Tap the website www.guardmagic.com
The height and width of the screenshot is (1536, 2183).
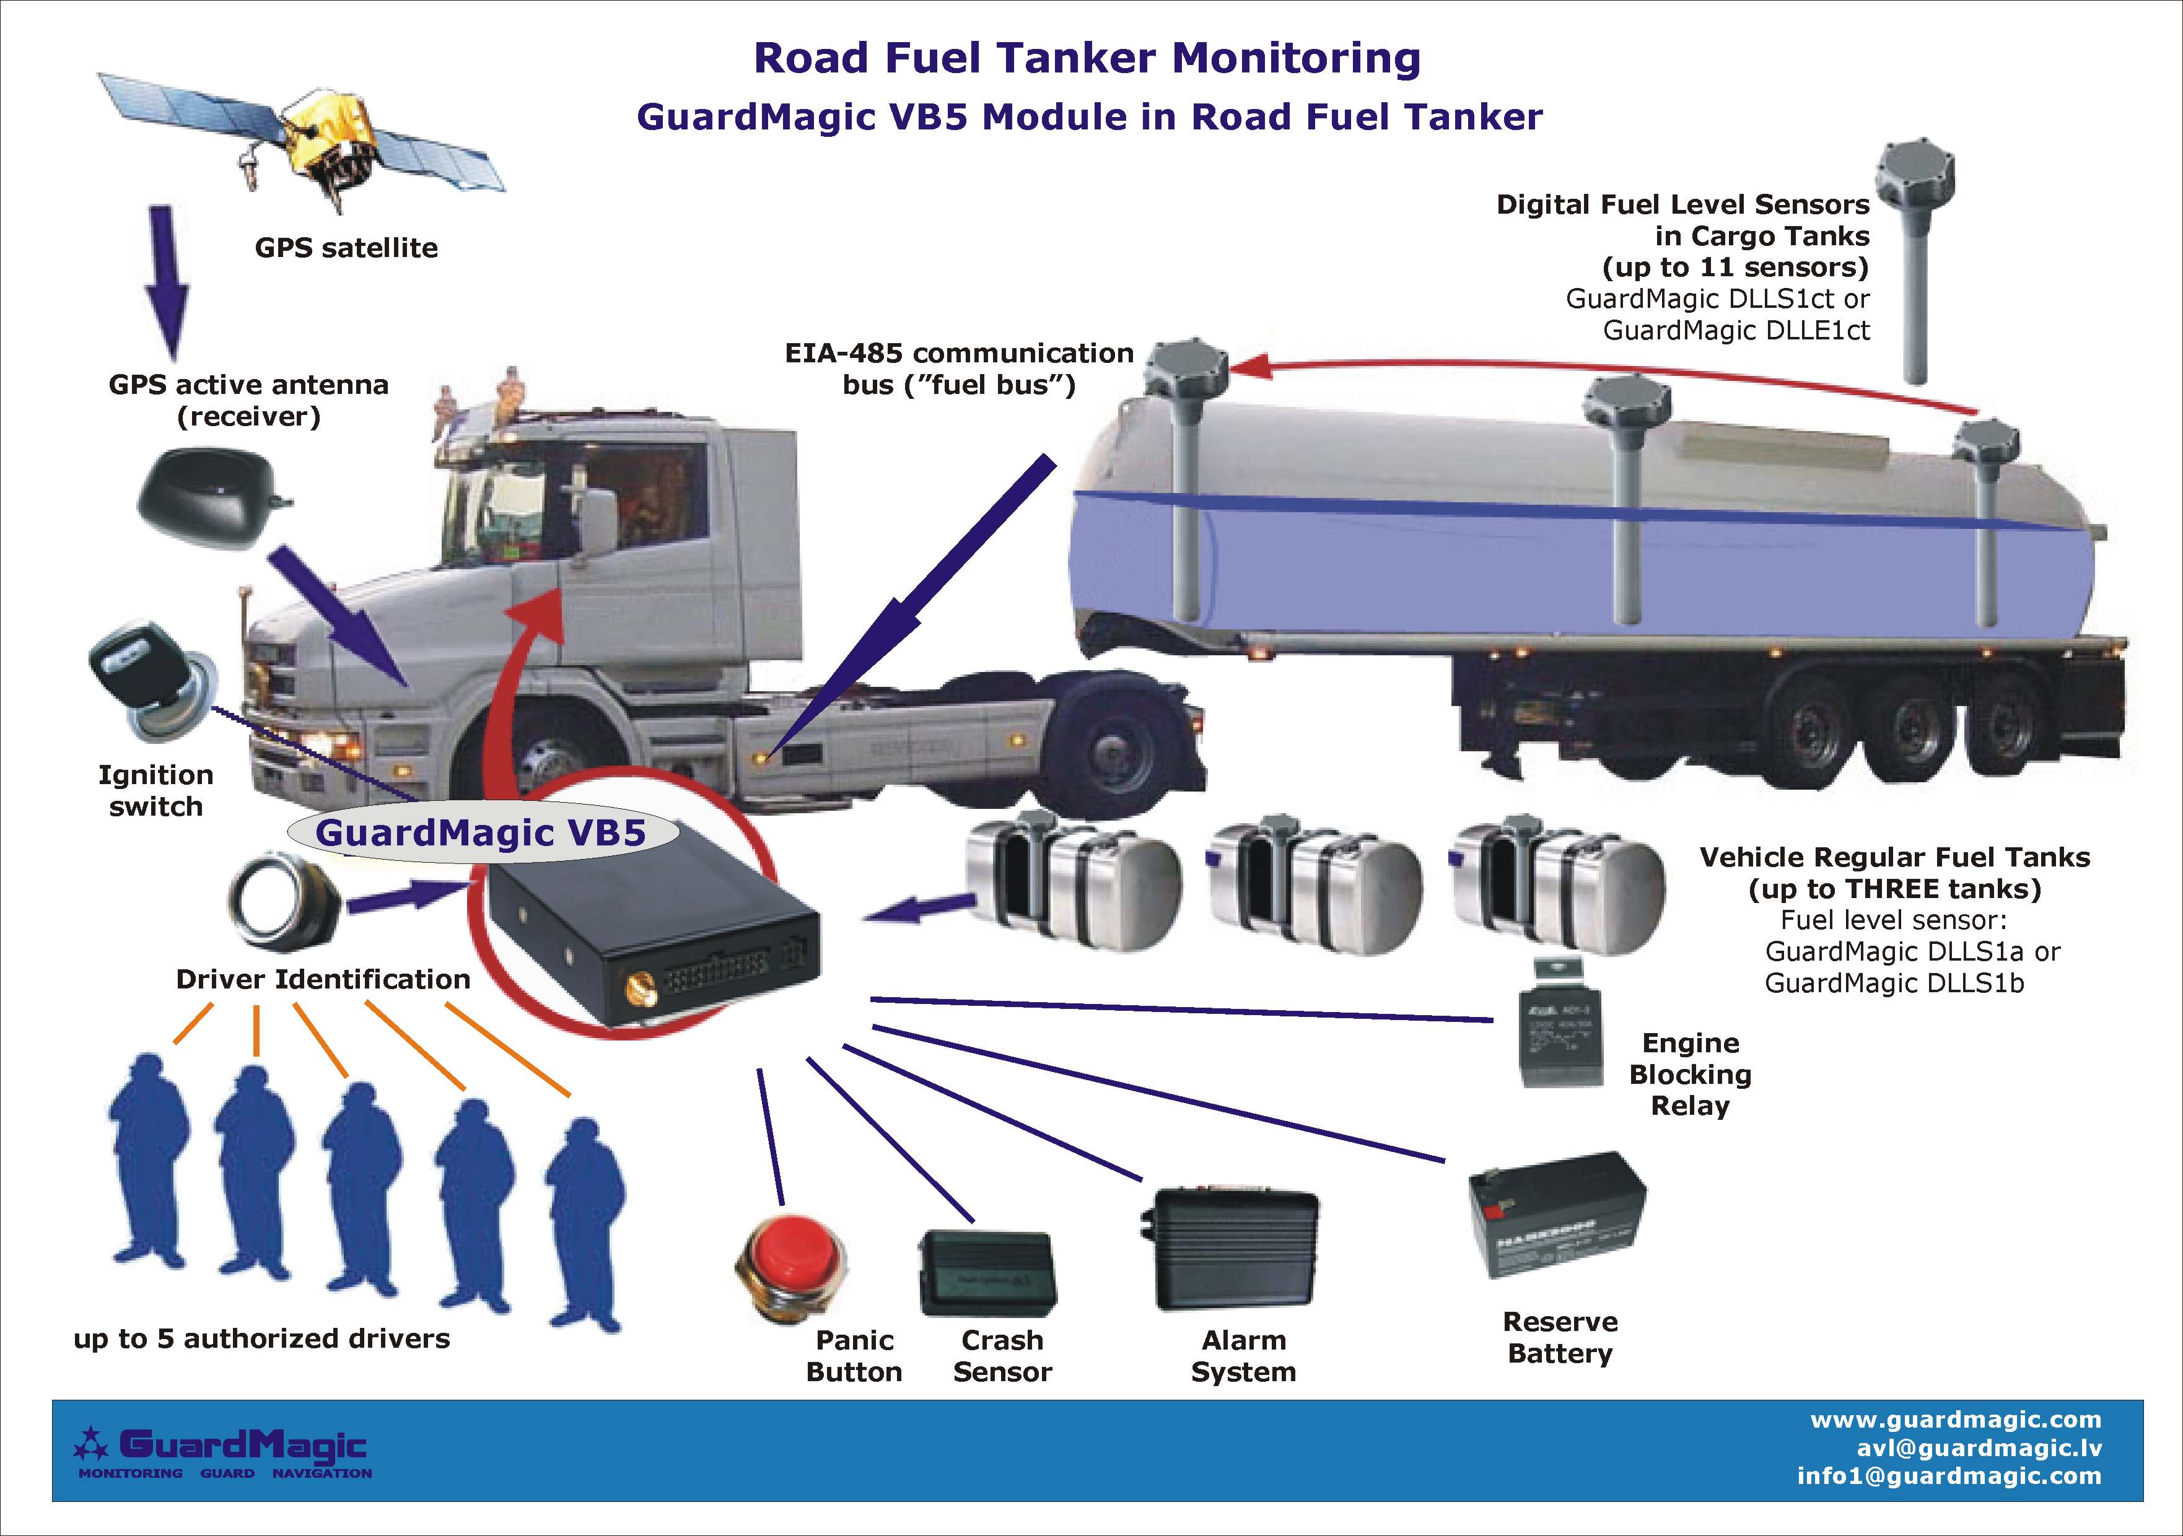point(1956,1420)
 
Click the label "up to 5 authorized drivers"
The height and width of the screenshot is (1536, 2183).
point(261,1338)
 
